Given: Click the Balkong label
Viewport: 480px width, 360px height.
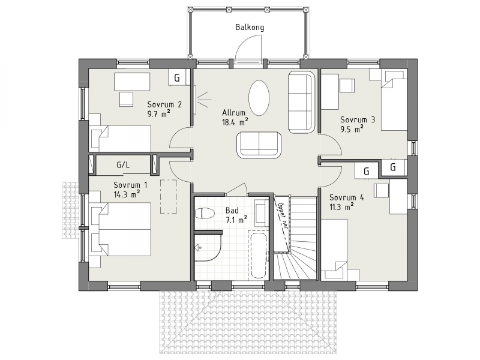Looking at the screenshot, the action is tap(250, 28).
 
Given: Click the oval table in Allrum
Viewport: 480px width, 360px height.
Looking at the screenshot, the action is tap(259, 98).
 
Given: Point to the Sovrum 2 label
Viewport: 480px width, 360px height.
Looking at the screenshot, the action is tap(164, 104).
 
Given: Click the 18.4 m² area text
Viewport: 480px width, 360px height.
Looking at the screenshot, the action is tap(235, 122).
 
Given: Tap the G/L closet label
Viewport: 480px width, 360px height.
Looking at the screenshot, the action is tap(123, 166).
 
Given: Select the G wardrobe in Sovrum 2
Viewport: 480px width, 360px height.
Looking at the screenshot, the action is tap(177, 78).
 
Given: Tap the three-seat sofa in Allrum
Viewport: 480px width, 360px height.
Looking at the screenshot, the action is tap(302, 102).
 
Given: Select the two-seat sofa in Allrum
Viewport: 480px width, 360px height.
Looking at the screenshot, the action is tap(259, 145).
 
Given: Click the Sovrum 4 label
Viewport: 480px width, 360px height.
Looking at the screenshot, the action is tap(347, 197).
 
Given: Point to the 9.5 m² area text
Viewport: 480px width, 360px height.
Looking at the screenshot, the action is tap(352, 129).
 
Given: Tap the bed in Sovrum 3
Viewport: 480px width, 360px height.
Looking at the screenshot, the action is tap(394, 101).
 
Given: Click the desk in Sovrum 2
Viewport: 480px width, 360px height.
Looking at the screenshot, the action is tap(132, 82).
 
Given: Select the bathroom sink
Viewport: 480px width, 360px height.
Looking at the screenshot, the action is tap(261, 212).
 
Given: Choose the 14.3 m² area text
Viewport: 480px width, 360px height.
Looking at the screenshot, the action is tap(127, 194).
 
